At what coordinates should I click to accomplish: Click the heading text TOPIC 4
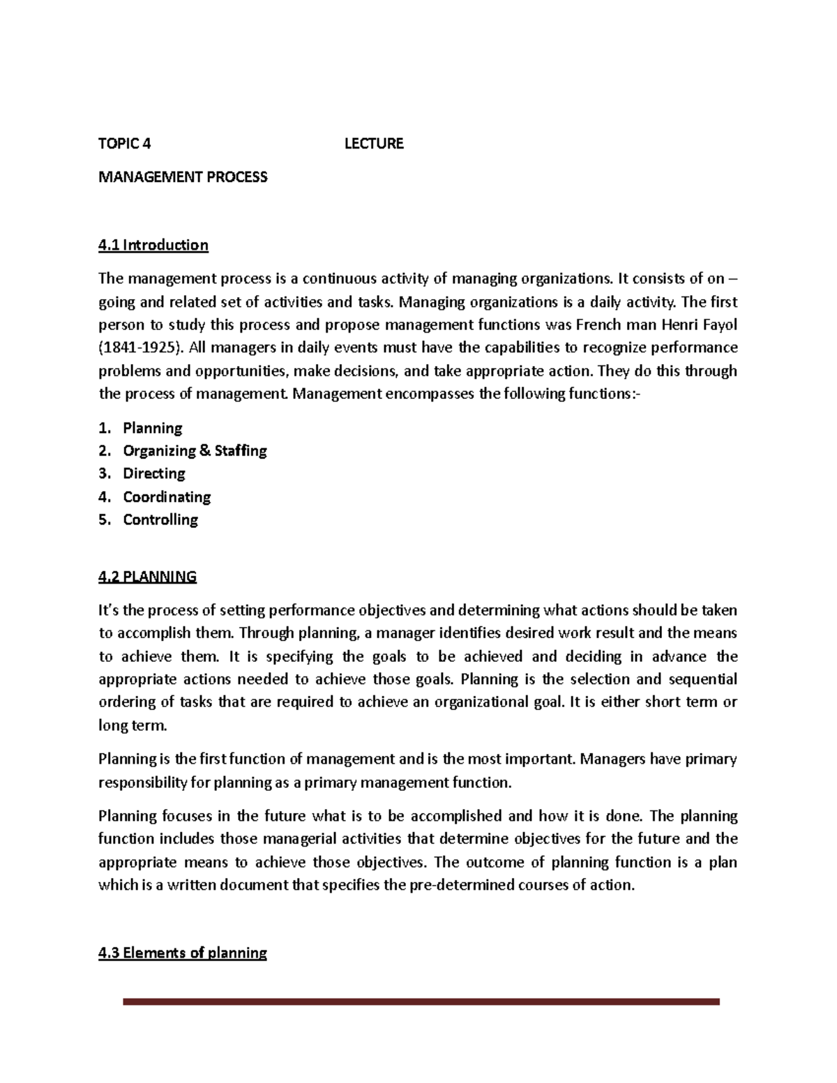pos(124,144)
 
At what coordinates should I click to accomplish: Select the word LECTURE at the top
pos(374,144)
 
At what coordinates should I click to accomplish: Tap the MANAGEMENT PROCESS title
pos(183,177)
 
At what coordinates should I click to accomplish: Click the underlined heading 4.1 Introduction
pos(153,245)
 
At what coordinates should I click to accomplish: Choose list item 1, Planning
pos(152,428)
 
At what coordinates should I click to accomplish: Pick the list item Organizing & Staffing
pos(195,451)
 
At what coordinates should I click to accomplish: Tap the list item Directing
pos(154,474)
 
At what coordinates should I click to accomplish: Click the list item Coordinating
pos(167,497)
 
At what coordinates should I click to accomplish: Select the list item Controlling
pos(160,520)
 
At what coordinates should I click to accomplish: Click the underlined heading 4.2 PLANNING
pos(147,577)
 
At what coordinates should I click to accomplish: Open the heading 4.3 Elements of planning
pos(183,953)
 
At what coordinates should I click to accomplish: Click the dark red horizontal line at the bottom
pos(421,1002)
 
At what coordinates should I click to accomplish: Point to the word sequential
pos(702,679)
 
